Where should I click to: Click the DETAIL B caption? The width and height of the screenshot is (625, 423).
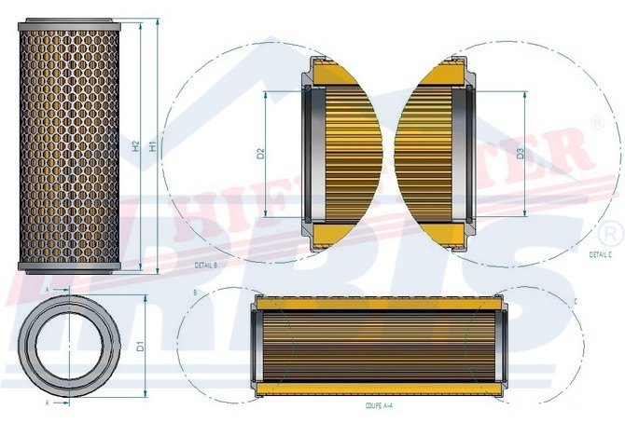click(206, 266)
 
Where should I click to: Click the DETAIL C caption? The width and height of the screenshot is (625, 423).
click(600, 253)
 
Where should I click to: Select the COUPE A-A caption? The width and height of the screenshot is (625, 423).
click(380, 407)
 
